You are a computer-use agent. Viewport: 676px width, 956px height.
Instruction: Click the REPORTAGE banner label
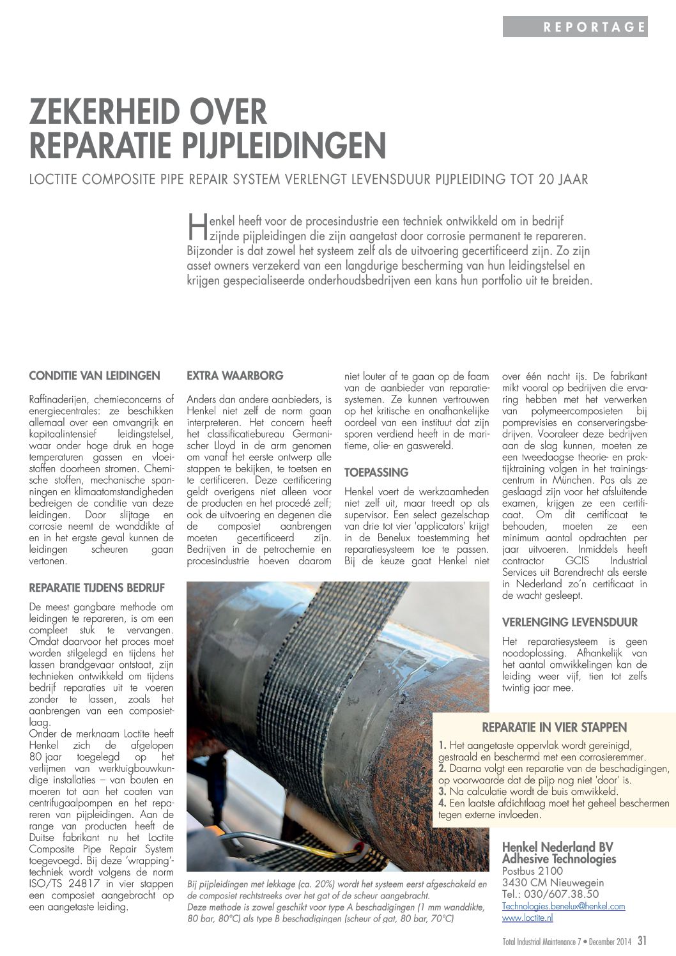click(x=594, y=27)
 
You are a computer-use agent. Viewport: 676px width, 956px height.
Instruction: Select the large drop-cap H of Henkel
click(x=196, y=229)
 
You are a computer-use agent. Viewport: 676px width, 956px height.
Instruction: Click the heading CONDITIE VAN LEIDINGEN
click(x=95, y=376)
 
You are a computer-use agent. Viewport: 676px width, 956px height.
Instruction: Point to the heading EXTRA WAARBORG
click(x=234, y=376)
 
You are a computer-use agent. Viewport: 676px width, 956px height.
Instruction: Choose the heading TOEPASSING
click(x=376, y=473)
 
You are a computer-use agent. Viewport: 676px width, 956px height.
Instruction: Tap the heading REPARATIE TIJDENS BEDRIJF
click(x=96, y=587)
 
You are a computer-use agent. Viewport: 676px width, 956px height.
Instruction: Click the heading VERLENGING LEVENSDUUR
click(x=570, y=622)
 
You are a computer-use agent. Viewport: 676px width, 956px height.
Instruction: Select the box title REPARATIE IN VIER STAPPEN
click(x=554, y=727)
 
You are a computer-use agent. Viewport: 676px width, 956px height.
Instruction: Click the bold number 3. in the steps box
click(x=442, y=792)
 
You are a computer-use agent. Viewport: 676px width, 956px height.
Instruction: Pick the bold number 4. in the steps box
click(x=442, y=803)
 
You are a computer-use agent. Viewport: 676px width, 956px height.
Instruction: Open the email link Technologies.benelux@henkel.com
click(x=564, y=906)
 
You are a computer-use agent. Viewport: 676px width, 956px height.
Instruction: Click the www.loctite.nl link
click(x=527, y=918)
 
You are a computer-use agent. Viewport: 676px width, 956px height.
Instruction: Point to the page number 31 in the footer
click(x=641, y=940)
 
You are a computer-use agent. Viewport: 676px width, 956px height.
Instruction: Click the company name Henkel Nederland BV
click(x=557, y=847)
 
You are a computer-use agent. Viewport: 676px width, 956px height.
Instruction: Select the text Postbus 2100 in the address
click(x=532, y=871)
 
